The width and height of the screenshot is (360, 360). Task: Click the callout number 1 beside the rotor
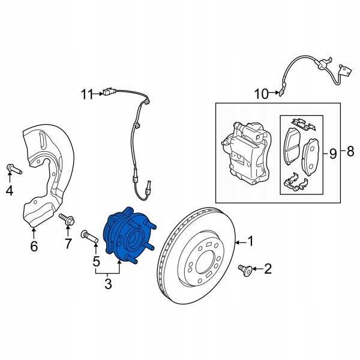point(250,241)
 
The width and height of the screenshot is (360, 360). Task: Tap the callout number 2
point(268,268)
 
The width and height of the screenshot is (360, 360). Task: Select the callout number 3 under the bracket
point(108,284)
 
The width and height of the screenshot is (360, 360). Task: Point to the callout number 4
point(10,190)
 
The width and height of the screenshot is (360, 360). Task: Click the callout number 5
point(97,261)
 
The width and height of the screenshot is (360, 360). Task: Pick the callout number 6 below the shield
point(34,246)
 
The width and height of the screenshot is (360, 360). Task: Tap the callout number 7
point(68,244)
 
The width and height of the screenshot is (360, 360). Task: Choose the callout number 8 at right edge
point(350,151)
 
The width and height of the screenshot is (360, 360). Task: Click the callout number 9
point(332,154)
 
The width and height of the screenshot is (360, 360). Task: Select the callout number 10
point(261,94)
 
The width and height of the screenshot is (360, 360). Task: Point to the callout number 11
point(87,94)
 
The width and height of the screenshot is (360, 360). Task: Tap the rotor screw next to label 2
point(245,270)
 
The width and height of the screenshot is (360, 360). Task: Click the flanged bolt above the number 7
point(67,219)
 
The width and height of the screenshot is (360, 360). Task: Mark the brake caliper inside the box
point(247,151)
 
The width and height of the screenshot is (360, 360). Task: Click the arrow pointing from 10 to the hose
point(274,93)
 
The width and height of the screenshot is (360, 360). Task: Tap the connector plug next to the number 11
point(108,91)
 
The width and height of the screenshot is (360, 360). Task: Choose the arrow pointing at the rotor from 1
point(241,242)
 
